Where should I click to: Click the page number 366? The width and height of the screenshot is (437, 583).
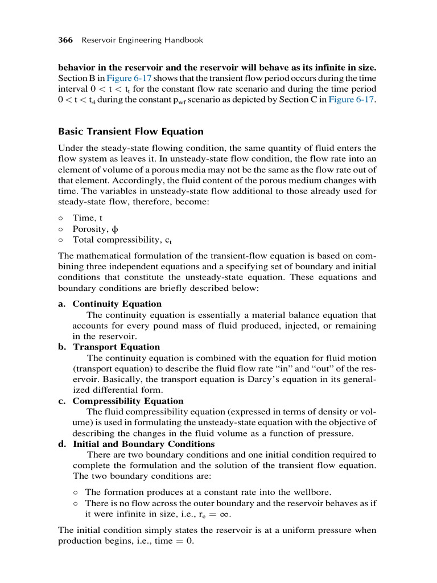point(66,40)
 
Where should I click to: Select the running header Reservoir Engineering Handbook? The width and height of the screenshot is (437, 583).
point(142,40)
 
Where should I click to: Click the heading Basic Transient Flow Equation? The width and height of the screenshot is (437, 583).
point(131,132)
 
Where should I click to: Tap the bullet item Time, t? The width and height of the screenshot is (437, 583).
point(88,218)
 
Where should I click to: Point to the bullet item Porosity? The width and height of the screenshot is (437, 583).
point(94,229)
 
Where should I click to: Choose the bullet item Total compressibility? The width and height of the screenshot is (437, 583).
point(122,240)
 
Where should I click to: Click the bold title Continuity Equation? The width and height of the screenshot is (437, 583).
point(117,304)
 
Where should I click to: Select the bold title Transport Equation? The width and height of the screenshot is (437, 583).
point(116,347)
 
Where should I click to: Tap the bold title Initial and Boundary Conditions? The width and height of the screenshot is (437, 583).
point(143,444)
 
